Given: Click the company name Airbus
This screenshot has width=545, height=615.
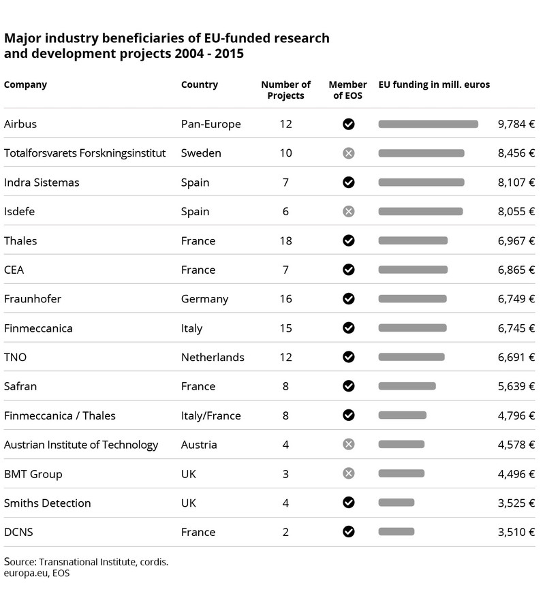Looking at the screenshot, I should point(20,124).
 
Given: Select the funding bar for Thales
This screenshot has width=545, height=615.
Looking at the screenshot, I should point(413,240).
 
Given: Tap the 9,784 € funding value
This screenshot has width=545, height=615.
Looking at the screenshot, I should point(516,124).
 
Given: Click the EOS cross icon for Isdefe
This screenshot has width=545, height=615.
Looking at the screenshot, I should point(349,211).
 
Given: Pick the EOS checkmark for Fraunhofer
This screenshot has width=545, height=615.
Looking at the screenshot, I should point(349,298).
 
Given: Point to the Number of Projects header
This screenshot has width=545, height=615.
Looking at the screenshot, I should point(285,90).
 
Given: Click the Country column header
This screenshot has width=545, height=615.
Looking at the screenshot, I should point(200,84).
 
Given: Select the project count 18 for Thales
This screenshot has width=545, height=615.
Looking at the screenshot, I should point(285,240).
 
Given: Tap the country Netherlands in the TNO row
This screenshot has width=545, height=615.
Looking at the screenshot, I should point(213,357).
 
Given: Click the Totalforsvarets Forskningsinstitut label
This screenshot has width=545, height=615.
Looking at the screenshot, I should point(84,153).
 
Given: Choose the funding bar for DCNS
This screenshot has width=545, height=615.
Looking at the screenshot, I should point(396,532).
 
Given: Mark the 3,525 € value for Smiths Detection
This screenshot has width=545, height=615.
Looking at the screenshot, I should point(516,503).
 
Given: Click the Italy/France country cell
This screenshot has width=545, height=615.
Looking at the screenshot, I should point(211,415).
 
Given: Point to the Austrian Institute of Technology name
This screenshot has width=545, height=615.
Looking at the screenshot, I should point(81,445).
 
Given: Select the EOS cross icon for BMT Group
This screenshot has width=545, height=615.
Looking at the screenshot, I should point(349,473).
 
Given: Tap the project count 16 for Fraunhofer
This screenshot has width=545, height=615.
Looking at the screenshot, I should point(285,298).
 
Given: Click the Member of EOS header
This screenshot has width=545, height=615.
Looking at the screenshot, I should point(348,90).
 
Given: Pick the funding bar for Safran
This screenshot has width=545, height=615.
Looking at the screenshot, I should point(407,386).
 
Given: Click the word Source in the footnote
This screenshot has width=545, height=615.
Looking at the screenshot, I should point(20,562).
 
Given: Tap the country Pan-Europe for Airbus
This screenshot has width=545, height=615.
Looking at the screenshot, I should point(211,124).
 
